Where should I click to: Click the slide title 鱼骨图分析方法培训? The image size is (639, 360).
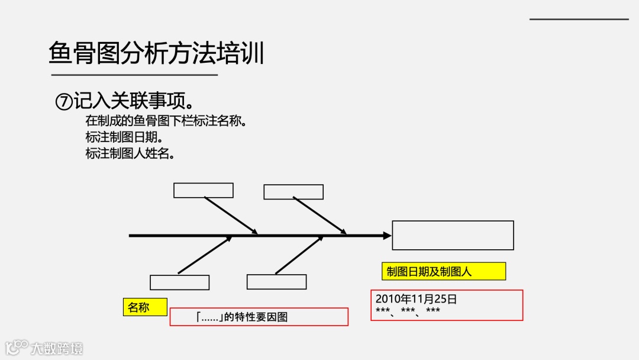pos(156,53)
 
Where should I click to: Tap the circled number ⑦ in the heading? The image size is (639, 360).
pos(63,101)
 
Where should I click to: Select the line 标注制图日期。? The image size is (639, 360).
pos(124,137)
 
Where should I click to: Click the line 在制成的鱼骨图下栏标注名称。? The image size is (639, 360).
pos(165,121)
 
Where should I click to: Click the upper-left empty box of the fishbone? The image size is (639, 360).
pos(203,190)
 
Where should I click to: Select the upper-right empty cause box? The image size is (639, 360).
pos(293,192)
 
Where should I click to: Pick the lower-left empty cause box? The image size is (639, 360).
pos(179,282)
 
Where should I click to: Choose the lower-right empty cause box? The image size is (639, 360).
pos(276,282)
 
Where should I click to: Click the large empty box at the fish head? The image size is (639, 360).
pos(453,235)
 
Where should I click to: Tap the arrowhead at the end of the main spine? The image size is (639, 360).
pos(388,236)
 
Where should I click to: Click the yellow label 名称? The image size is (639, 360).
pos(139,307)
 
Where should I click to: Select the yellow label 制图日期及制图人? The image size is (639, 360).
pos(443,271)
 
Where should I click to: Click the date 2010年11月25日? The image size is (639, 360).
pos(416,299)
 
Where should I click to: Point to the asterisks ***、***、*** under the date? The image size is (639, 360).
pos(408,311)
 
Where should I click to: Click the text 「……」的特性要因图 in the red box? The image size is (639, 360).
pos(242,317)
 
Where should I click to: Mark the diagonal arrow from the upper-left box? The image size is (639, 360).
pos(231,216)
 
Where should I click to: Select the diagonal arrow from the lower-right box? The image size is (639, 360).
pos(299,255)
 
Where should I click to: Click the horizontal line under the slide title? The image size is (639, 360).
pos(134,75)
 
